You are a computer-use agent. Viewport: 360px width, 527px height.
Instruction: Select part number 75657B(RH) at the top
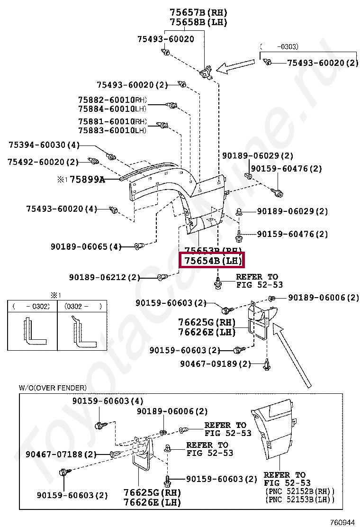pyautogui.click(x=198, y=13)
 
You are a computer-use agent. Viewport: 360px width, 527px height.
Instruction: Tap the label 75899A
pyautogui.click(x=87, y=180)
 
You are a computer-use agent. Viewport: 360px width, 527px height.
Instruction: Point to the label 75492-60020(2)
pyautogui.click(x=43, y=162)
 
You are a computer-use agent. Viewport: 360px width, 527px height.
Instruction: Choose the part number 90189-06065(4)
pyautogui.click(x=86, y=246)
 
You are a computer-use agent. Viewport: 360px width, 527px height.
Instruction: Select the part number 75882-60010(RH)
pyautogui.click(x=113, y=100)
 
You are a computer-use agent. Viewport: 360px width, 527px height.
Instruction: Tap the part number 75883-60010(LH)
pyautogui.click(x=113, y=130)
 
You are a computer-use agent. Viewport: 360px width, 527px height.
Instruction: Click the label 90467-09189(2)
pyautogui.click(x=216, y=364)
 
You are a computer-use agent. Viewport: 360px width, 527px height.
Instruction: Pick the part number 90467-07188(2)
pyautogui.click(x=61, y=454)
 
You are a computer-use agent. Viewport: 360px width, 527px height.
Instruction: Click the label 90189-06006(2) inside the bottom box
pyautogui.click(x=172, y=412)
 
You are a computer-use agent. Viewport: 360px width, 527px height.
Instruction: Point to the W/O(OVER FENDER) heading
pyautogui.click(x=53, y=388)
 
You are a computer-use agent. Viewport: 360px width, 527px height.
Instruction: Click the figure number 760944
pyautogui.click(x=342, y=522)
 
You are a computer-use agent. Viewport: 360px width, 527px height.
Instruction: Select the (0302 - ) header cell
pyautogui.click(x=83, y=306)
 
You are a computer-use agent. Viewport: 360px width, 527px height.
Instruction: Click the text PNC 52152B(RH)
pyautogui.click(x=300, y=491)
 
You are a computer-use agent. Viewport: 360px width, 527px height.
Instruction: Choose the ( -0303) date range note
pyautogui.click(x=282, y=46)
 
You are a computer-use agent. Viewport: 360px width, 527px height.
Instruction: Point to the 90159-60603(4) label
pyautogui.click(x=108, y=401)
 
